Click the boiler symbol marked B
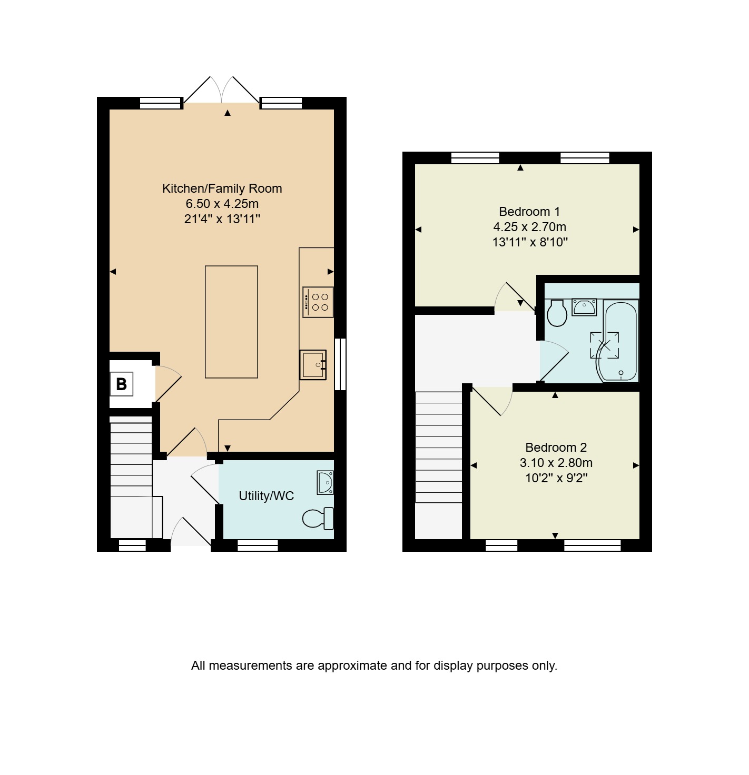[x=122, y=384]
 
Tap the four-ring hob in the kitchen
[x=318, y=302]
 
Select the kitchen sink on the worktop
[x=313, y=364]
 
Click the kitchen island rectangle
[x=231, y=321]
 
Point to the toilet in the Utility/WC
[x=318, y=518]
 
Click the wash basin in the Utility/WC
[x=325, y=482]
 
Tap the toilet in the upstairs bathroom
[x=557, y=313]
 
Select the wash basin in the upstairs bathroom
[x=584, y=307]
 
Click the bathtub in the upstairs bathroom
[x=620, y=341]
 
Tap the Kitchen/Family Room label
[x=222, y=188]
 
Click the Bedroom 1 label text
[x=529, y=211]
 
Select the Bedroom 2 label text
[x=556, y=447]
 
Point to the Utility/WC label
[x=266, y=495]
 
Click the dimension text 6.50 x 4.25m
[x=222, y=204]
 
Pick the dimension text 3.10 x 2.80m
[x=556, y=462]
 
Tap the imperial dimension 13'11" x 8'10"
[x=530, y=242]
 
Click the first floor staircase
[x=439, y=447]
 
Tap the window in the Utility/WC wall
[x=258, y=545]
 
